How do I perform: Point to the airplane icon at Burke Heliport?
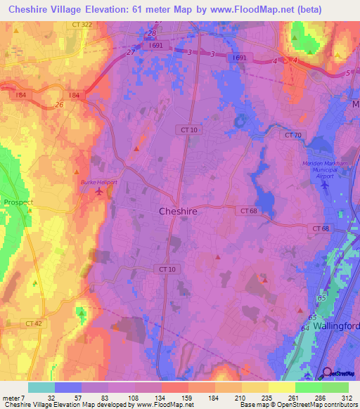pyautogui.click(x=98, y=190)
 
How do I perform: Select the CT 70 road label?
pyautogui.click(x=293, y=134)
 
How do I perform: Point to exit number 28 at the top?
pyautogui.click(x=151, y=32)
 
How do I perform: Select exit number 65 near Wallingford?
pyautogui.click(x=322, y=299)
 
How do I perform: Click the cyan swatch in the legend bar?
pyautogui.click(x=41, y=387)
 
